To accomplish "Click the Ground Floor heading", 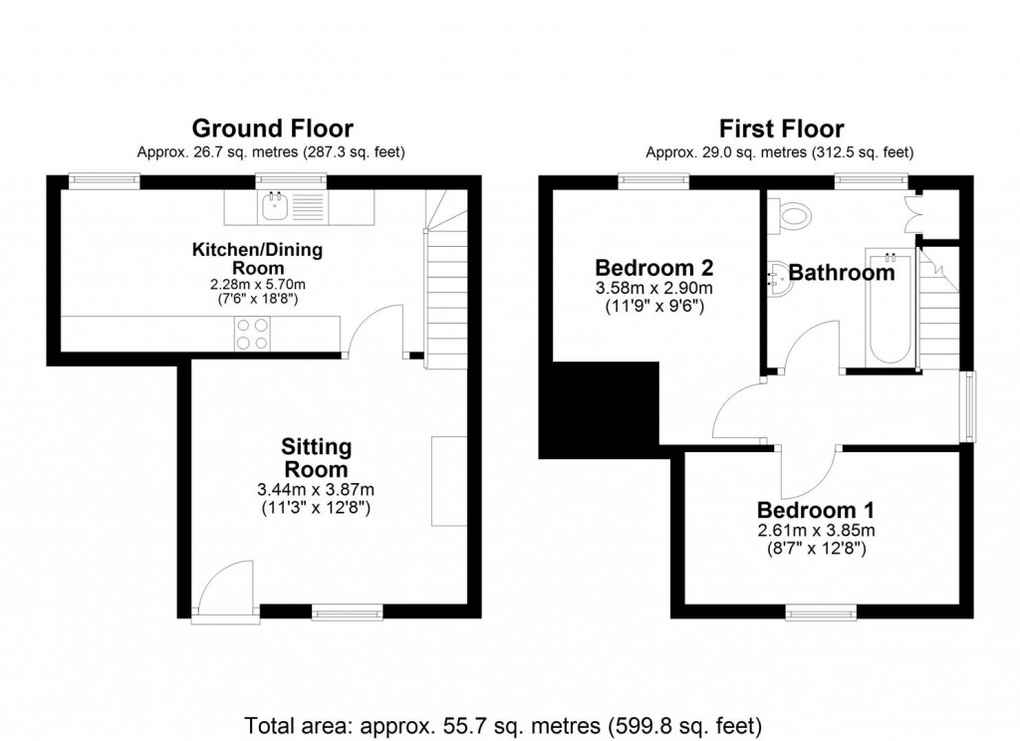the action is pyautogui.click(x=273, y=128).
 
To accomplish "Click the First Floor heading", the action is pyautogui.click(x=781, y=128).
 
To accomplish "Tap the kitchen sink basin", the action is pyautogui.click(x=276, y=207).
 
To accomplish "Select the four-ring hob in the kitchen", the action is pyautogui.click(x=252, y=334).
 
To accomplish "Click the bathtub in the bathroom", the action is pyautogui.click(x=890, y=307).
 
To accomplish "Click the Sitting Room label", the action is pyautogui.click(x=316, y=458).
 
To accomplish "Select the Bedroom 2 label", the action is pyautogui.click(x=654, y=267).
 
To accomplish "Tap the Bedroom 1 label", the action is pyautogui.click(x=816, y=509).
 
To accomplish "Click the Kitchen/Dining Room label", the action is pyautogui.click(x=258, y=258).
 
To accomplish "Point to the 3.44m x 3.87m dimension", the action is pyautogui.click(x=316, y=489).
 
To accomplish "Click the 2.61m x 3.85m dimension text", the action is pyautogui.click(x=816, y=530).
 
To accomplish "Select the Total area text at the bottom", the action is pyautogui.click(x=503, y=725).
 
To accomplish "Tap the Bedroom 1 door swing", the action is pyautogui.click(x=808, y=472).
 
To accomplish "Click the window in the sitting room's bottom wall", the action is pyautogui.click(x=348, y=612).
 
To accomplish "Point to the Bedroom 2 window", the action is pyautogui.click(x=653, y=180).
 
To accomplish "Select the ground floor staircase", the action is pyautogui.click(x=446, y=280).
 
